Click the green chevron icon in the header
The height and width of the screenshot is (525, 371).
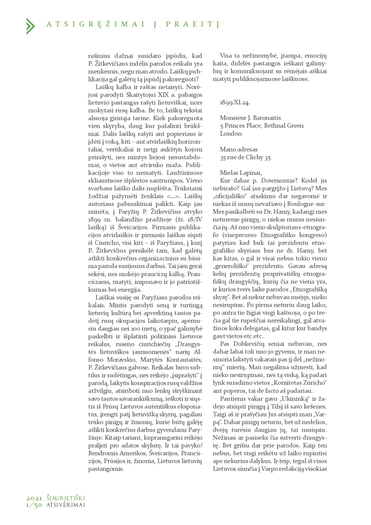tap(30, 26)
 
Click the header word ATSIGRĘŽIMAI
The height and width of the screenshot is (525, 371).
tap(95, 24)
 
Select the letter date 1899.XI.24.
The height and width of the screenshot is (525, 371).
tap(235, 103)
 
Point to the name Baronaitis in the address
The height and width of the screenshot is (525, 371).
tap(267, 118)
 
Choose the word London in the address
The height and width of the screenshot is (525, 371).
tap(231, 134)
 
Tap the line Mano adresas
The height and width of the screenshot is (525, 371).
tap(239, 150)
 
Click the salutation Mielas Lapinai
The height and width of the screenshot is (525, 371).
tap(241, 173)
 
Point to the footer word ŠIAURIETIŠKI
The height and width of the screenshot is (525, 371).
tap(66, 498)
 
